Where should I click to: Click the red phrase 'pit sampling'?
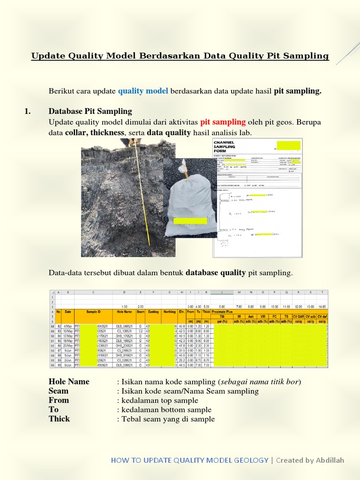click(x=223, y=122)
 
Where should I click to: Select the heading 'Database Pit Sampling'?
click(x=90, y=111)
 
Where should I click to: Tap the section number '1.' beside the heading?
click(x=27, y=111)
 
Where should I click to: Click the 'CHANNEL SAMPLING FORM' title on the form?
click(x=225, y=146)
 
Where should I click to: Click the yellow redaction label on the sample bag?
click(x=190, y=221)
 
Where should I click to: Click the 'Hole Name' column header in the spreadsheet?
click(x=124, y=311)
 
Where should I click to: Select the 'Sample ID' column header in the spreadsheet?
click(x=93, y=311)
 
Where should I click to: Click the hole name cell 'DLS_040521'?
click(x=124, y=326)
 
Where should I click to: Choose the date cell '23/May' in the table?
click(x=68, y=346)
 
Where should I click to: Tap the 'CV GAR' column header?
click(x=298, y=316)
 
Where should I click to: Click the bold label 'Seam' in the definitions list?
click(x=59, y=391)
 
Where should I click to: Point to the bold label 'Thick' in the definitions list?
click(x=59, y=419)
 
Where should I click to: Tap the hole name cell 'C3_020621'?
click(x=124, y=360)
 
